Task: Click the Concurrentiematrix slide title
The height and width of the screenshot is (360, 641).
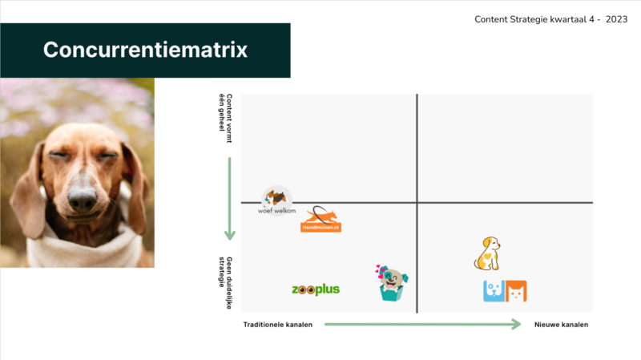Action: [145, 50]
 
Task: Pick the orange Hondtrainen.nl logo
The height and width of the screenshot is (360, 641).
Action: [320, 220]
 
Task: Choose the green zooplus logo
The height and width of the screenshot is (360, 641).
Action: [316, 289]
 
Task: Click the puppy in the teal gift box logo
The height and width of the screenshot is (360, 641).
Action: [392, 284]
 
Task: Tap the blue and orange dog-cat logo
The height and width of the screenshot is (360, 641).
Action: [505, 291]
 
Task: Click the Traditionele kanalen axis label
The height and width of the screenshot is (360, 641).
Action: [277, 325]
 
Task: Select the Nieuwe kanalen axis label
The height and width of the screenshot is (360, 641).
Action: [561, 325]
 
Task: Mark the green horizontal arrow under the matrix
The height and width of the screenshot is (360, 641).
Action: [422, 325]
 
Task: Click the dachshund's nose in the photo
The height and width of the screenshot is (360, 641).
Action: [83, 200]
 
